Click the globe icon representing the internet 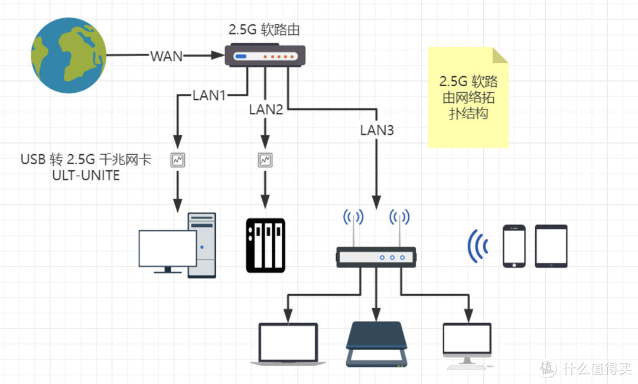tap(69, 55)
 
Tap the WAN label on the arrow tap(166, 56)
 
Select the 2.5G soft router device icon tap(265, 56)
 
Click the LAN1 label tap(209, 95)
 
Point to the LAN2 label tap(266, 109)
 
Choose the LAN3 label tap(376, 130)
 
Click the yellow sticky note tap(468, 97)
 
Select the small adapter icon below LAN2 tap(265, 160)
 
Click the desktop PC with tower tap(177, 246)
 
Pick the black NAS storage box tap(265, 245)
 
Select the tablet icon tap(551, 246)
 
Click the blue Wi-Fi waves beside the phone tap(477, 246)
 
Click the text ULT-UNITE tap(86, 175)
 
